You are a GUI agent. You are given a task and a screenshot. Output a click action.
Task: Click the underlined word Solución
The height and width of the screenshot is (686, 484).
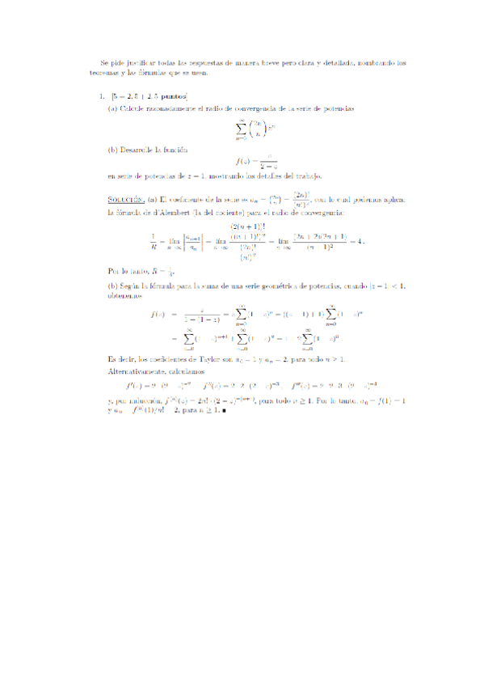126,199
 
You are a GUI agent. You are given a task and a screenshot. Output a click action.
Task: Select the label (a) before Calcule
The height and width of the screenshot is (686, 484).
113,109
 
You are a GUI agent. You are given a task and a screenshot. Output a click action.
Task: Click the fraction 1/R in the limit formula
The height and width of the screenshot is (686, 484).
153,241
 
